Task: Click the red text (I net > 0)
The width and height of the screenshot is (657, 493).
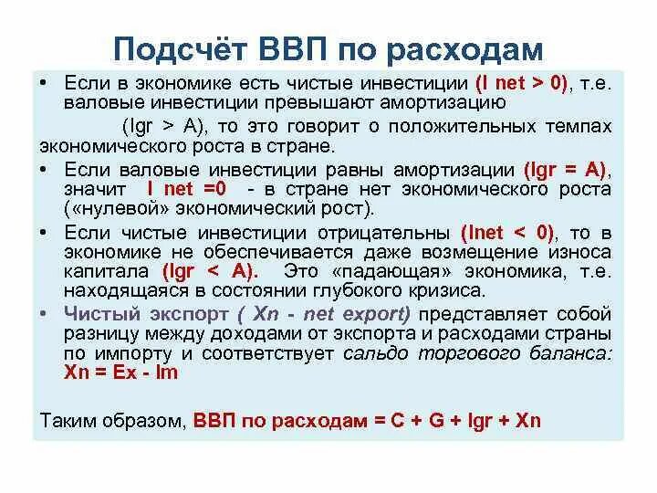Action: point(523,83)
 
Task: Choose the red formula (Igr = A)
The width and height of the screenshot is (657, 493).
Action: point(567,169)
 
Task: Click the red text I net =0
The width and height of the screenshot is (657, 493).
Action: point(186,189)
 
